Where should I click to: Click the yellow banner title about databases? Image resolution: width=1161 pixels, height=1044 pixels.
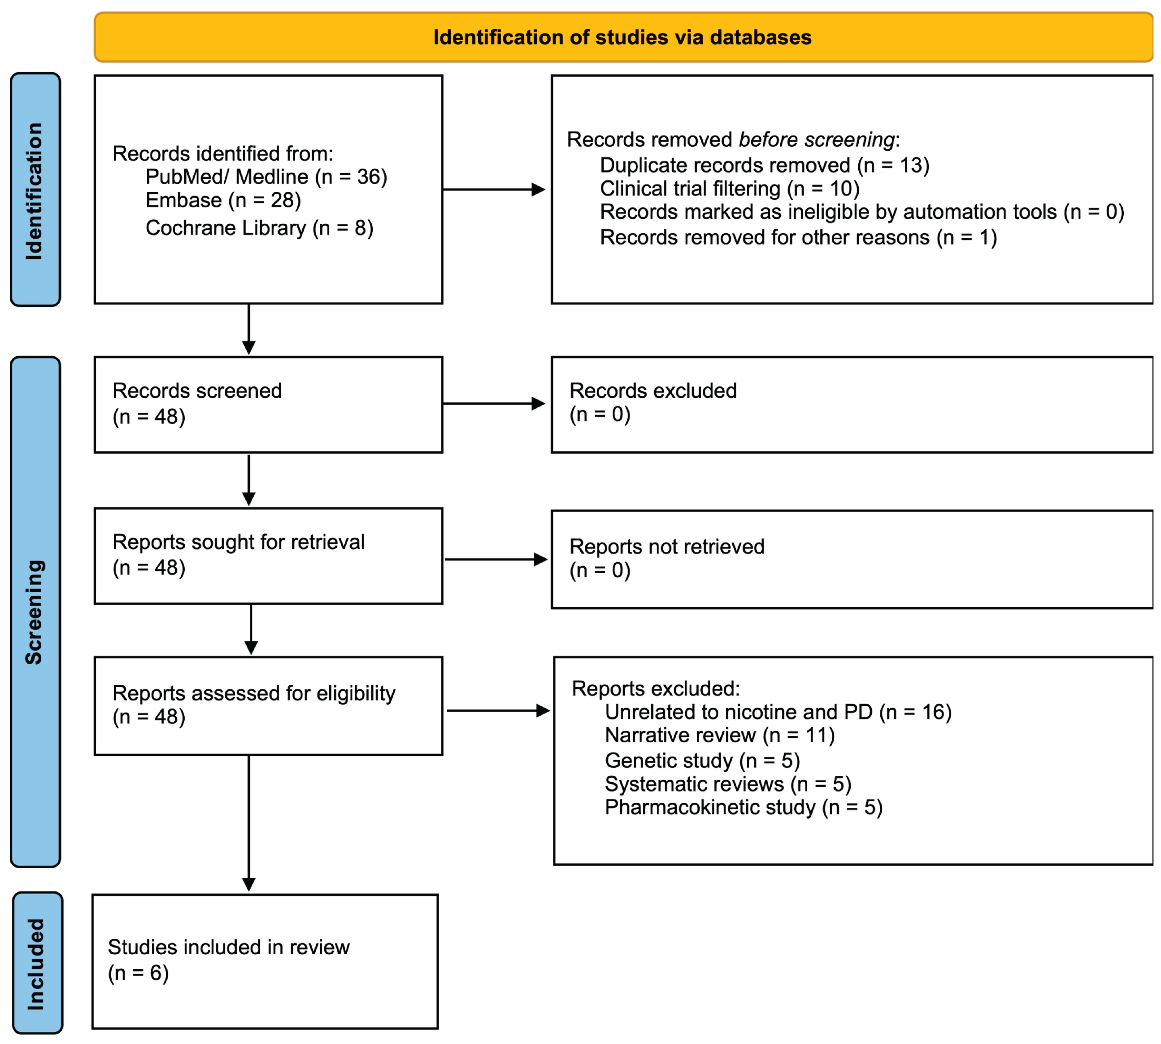pyautogui.click(x=622, y=37)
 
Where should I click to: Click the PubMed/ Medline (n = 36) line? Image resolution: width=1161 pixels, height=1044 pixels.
pyautogui.click(x=266, y=177)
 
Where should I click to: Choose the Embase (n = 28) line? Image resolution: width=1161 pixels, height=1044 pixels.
pyautogui.click(x=223, y=200)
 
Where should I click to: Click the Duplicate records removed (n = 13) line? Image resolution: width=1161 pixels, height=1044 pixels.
pyautogui.click(x=764, y=165)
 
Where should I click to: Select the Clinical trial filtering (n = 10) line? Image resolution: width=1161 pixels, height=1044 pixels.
pyautogui.click(x=730, y=188)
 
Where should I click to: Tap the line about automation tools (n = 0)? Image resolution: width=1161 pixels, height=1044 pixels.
pyautogui.click(x=862, y=212)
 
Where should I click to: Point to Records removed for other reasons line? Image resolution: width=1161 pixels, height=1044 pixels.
pyautogui.click(x=798, y=238)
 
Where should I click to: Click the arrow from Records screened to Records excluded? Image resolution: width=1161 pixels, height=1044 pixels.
pyautogui.click(x=494, y=404)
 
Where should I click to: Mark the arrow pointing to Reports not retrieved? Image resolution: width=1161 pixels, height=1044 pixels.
pyautogui.click(x=496, y=559)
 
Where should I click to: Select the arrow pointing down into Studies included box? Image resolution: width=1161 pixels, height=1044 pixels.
pyautogui.click(x=248, y=823)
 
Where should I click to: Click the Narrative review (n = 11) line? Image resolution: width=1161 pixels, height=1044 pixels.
pyautogui.click(x=720, y=735)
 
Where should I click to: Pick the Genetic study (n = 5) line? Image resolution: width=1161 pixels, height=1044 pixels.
pyautogui.click(x=702, y=760)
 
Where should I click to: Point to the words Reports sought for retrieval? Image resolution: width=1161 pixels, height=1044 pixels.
pyautogui.click(x=238, y=542)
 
